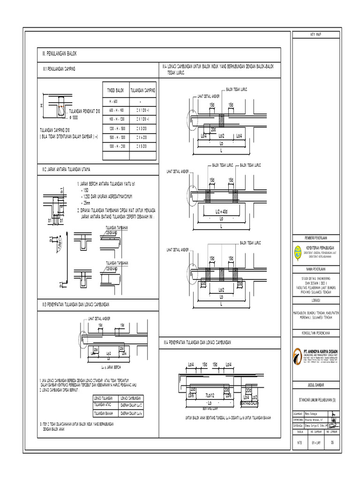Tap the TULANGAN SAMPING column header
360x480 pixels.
(x=142, y=90)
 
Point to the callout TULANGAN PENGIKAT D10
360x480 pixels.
(x=84, y=112)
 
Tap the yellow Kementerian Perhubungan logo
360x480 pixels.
(x=299, y=253)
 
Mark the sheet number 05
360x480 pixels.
(x=332, y=442)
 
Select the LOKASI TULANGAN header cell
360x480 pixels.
(x=104, y=397)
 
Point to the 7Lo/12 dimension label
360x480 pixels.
(x=210, y=395)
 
